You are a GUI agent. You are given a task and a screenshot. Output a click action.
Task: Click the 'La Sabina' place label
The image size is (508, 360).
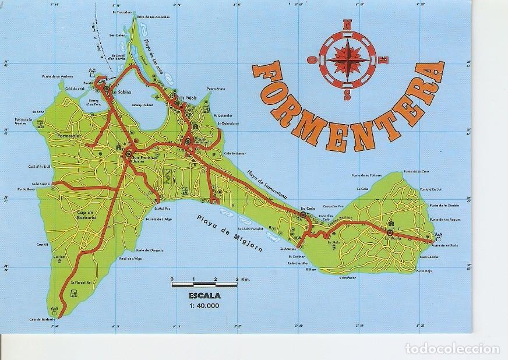[x=123, y=92]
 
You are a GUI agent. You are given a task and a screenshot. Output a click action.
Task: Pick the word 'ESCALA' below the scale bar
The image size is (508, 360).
[x=199, y=295]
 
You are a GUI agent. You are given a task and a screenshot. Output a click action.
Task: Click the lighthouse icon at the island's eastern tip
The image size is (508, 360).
[x=438, y=235]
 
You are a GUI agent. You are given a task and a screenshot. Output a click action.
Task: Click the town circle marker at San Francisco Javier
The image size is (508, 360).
[x=128, y=153]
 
